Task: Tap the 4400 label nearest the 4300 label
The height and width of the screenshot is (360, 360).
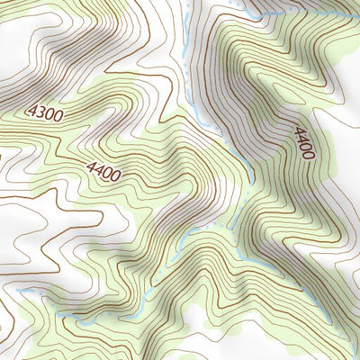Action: coord(104,168)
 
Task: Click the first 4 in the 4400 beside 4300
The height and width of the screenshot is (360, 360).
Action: coord(92,165)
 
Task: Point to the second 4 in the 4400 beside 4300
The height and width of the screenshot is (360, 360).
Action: coord(100,167)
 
